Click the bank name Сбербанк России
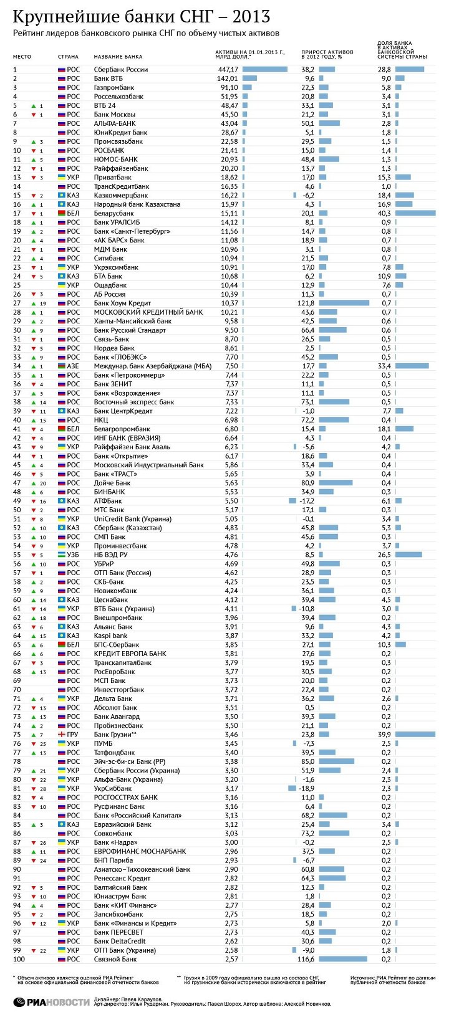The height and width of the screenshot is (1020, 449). (x=120, y=69)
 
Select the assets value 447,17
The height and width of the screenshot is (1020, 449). (x=228, y=69)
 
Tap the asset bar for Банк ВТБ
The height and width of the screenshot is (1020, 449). (x=249, y=79)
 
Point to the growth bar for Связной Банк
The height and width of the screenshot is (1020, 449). (x=342, y=959)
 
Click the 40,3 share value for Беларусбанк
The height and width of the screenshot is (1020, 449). (x=384, y=213)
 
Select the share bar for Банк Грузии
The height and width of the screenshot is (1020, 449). (x=415, y=735)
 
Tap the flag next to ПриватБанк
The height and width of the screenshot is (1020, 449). (x=62, y=178)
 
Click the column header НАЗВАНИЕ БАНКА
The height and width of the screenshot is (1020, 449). (x=118, y=57)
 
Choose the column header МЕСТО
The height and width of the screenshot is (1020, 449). (x=22, y=57)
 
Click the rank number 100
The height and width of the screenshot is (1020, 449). (x=19, y=959)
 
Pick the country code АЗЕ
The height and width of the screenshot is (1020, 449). (x=73, y=366)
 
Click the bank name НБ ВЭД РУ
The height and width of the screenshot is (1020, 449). (x=110, y=555)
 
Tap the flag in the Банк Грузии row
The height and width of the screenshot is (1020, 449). (x=62, y=735)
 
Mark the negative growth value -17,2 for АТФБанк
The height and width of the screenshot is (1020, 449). (x=306, y=501)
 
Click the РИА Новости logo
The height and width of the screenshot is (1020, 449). (x=50, y=1001)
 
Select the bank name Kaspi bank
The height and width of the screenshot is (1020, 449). (x=110, y=636)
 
